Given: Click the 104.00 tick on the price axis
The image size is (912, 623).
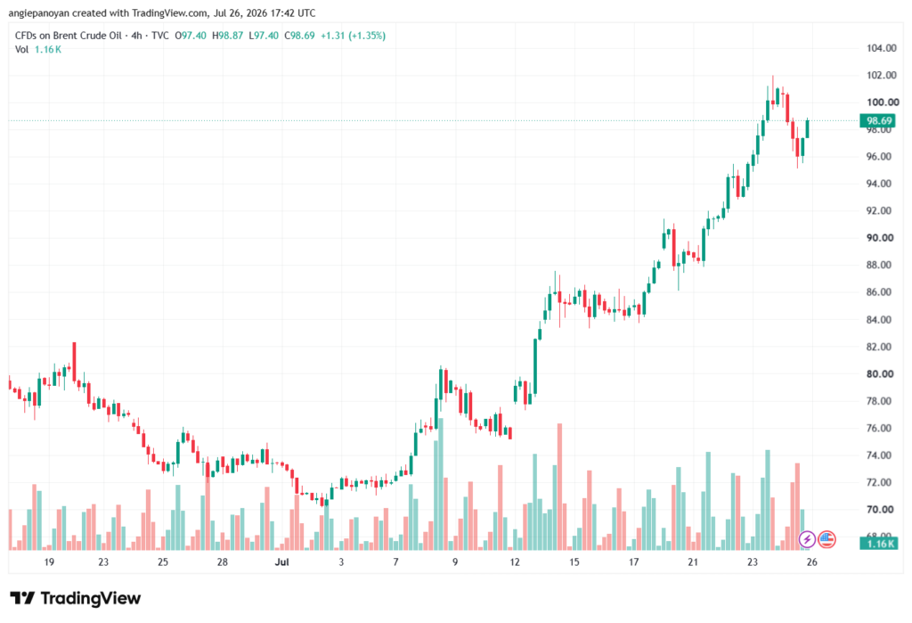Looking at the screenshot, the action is pyautogui.click(x=881, y=48).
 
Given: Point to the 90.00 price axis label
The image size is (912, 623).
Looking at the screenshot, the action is pyautogui.click(x=880, y=238).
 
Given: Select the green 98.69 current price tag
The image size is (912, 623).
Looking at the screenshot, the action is pyautogui.click(x=878, y=120).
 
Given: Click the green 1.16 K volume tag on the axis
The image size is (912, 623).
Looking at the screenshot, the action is pyautogui.click(x=879, y=544).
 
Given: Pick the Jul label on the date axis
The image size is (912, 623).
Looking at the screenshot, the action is pyautogui.click(x=281, y=562).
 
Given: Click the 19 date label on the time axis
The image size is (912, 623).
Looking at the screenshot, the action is pyautogui.click(x=49, y=562).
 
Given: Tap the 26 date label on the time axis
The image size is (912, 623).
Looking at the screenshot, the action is pyautogui.click(x=812, y=562).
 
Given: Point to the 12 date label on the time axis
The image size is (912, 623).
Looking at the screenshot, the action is pyautogui.click(x=514, y=562).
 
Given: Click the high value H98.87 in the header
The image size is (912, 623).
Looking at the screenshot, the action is pyautogui.click(x=227, y=36).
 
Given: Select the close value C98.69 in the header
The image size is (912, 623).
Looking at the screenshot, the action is pyautogui.click(x=299, y=36).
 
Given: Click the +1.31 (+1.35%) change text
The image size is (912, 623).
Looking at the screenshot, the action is pyautogui.click(x=353, y=36).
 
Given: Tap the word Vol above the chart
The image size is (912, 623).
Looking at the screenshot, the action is pyautogui.click(x=21, y=50).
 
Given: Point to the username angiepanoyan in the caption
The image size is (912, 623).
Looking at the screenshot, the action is pyautogui.click(x=39, y=12).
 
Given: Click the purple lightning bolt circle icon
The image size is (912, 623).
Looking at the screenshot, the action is pyautogui.click(x=807, y=539).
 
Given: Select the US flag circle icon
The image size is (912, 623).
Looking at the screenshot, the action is pyautogui.click(x=826, y=539).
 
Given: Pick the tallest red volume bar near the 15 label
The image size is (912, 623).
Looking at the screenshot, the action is pyautogui.click(x=559, y=487).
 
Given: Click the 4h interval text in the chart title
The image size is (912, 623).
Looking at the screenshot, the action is pyautogui.click(x=136, y=36).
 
